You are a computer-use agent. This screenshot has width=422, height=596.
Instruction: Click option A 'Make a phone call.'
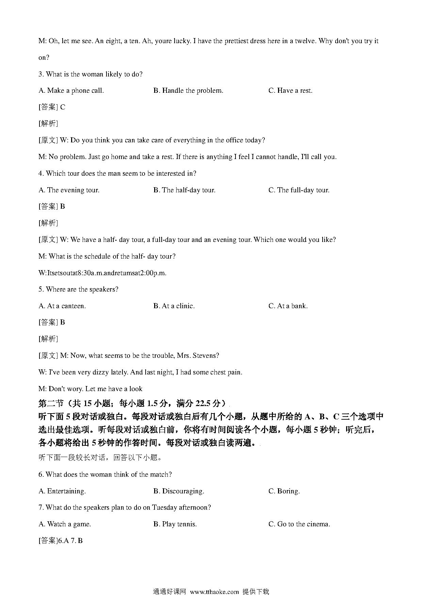click(x=71, y=91)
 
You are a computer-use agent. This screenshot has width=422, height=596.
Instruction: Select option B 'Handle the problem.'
click(x=188, y=91)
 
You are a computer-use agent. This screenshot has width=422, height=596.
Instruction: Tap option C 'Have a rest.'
click(x=290, y=91)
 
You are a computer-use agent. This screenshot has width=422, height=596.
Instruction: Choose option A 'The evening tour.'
click(x=69, y=190)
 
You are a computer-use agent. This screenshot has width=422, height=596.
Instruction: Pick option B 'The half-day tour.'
click(x=184, y=190)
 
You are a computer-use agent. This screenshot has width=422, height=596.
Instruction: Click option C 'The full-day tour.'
click(x=299, y=190)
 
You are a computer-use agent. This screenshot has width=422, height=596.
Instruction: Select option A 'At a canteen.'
click(x=62, y=306)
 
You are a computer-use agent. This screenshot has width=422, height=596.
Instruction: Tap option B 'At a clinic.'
click(x=174, y=306)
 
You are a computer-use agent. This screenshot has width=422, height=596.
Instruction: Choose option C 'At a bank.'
click(x=288, y=306)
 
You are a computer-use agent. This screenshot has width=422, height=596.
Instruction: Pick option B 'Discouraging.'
click(x=179, y=491)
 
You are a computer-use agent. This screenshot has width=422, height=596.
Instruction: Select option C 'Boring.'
click(x=284, y=491)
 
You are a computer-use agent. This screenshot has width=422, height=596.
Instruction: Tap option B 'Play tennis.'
click(x=175, y=524)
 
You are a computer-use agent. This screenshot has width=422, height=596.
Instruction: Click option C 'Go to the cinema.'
click(x=299, y=524)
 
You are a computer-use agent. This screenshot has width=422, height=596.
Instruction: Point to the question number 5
click(x=40, y=290)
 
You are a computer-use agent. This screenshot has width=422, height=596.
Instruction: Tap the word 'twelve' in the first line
click(x=306, y=41)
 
